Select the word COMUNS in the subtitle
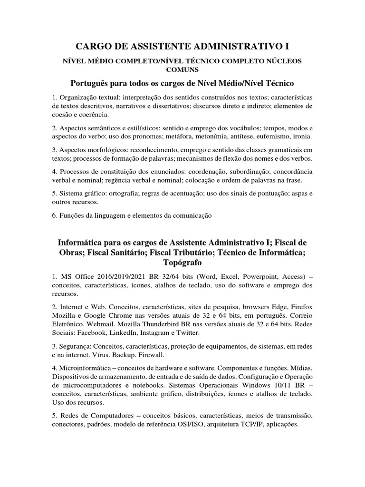pyautogui.click(x=182, y=69)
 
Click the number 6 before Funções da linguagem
pyautogui.click(x=54, y=215)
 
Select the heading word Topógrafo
pyautogui.click(x=182, y=263)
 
